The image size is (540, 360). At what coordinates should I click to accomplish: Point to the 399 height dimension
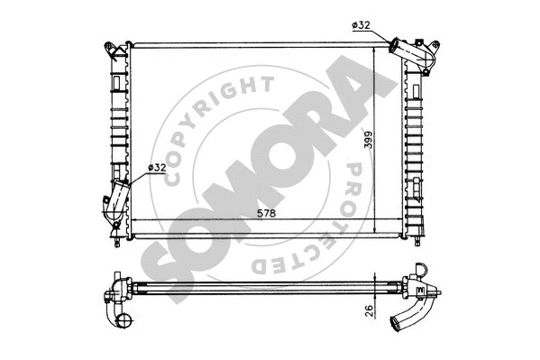tap(364, 143)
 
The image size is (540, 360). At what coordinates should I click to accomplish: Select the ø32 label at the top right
tap(362, 26)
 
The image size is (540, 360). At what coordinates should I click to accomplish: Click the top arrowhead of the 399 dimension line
tap(375, 47)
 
